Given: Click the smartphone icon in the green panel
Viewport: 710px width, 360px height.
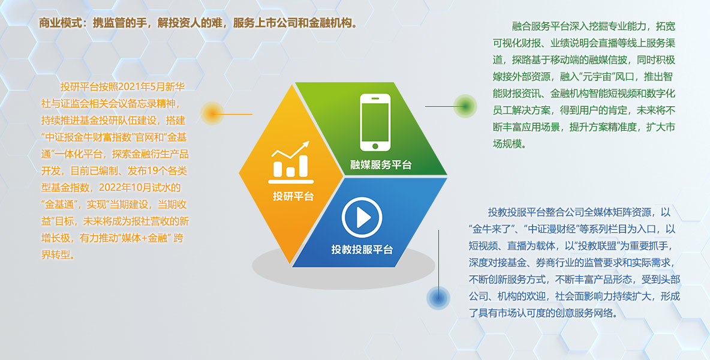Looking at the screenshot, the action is pos(375,122).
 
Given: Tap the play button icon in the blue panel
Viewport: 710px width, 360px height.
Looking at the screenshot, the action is pos(362,218).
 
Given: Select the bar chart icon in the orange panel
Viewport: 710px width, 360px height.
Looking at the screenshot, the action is pos(291,162).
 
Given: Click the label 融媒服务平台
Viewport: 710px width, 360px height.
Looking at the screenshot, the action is pos(381,164).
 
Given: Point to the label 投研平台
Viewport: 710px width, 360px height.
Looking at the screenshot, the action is pos(293,196).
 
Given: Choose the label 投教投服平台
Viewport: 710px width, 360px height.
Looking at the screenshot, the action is pos(362,249).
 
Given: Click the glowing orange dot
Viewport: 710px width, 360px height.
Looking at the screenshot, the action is pos(212,113).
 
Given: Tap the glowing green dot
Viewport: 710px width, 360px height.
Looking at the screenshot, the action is pos(465,106).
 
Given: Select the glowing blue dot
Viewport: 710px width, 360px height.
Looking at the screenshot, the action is pos(438,298).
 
